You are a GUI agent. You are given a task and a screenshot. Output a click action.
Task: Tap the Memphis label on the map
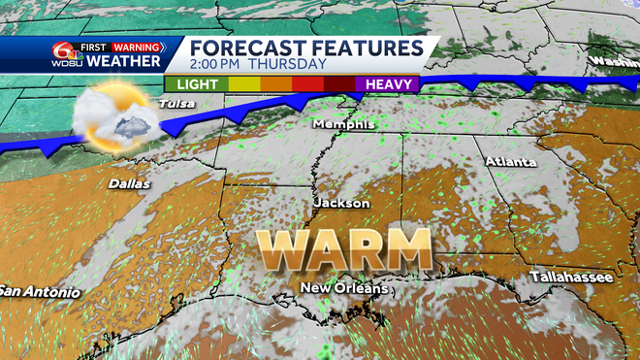336,125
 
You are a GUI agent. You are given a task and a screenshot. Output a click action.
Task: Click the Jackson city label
341,203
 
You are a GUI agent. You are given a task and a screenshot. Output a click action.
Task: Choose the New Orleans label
344,288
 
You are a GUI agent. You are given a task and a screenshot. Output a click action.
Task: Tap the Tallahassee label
570,278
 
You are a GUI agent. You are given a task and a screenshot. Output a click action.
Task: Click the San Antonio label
38,291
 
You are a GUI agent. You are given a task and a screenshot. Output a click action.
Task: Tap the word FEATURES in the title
367,49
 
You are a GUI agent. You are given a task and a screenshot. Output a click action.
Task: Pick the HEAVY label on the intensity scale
388,83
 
